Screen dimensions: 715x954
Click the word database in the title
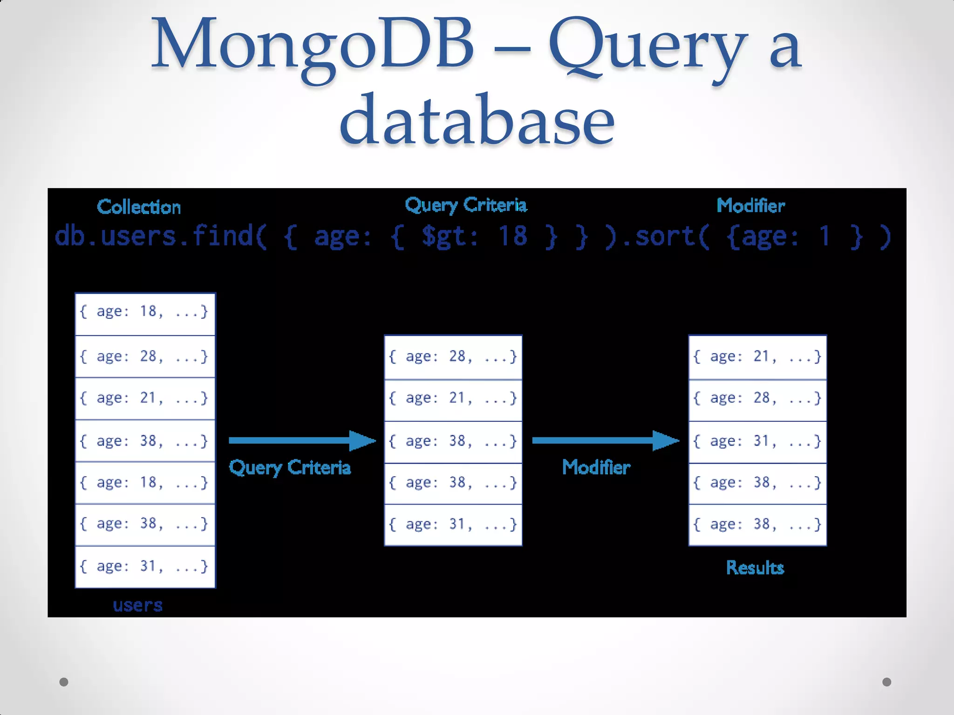tap(477, 120)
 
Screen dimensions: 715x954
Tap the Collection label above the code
tap(139, 207)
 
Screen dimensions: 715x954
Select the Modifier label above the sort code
tap(750, 206)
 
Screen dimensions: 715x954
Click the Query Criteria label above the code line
tap(466, 205)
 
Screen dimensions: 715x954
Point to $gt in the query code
tap(449, 236)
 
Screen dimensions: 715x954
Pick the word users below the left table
tap(138, 605)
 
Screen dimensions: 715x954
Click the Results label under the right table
tap(755, 568)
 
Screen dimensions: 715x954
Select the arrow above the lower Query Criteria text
tap(302, 440)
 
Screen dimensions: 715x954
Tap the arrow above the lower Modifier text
tap(605, 440)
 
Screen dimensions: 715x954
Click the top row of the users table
tap(145, 312)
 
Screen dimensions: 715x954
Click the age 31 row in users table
tap(145, 567)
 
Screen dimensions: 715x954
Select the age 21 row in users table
tap(145, 398)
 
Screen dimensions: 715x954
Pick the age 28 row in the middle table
tap(453, 357)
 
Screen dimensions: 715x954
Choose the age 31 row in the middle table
tap(453, 525)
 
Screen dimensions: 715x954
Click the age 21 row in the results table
tap(757, 357)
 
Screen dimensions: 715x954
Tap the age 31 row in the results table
tap(757, 441)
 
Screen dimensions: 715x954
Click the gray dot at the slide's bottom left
tap(64, 682)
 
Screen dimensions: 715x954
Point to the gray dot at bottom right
tap(887, 682)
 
